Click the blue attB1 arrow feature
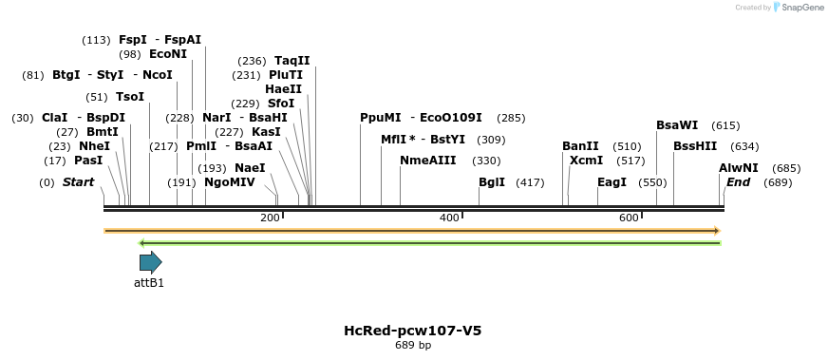click(150, 262)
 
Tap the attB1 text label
click(149, 282)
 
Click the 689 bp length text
click(413, 345)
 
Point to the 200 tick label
click(270, 218)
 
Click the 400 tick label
click(449, 218)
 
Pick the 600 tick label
click(629, 218)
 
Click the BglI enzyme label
click(492, 181)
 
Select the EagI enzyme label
click(612, 181)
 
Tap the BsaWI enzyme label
click(677, 124)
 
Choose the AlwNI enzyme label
click(738, 167)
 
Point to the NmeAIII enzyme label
click(427, 161)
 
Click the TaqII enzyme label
click(292, 60)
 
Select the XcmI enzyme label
click(586, 161)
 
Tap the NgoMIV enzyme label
click(230, 181)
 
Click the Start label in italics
click(78, 181)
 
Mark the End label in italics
click(738, 181)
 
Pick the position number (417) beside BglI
click(530, 181)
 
